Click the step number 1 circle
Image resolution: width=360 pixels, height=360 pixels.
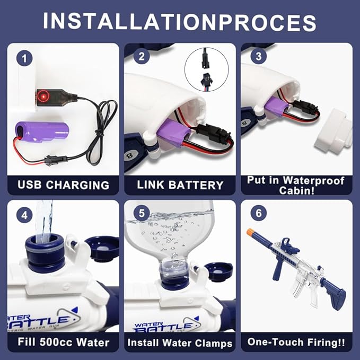point(24,58)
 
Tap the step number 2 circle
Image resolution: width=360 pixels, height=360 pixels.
point(142,56)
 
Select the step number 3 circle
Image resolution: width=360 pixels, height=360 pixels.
point(259,56)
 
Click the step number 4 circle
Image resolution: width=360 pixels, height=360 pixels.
point(24,215)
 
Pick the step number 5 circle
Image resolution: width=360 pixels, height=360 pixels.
point(142,213)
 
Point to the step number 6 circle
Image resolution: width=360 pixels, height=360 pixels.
point(259,213)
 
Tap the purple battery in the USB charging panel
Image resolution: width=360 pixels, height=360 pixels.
point(42,132)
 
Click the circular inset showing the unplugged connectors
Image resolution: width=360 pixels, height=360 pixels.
point(207,69)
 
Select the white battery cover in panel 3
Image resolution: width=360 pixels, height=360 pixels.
point(333,131)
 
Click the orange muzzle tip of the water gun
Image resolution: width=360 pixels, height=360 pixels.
point(250,232)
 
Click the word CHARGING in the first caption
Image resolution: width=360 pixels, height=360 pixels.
point(77,185)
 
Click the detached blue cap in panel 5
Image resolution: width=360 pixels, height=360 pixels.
point(218,272)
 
